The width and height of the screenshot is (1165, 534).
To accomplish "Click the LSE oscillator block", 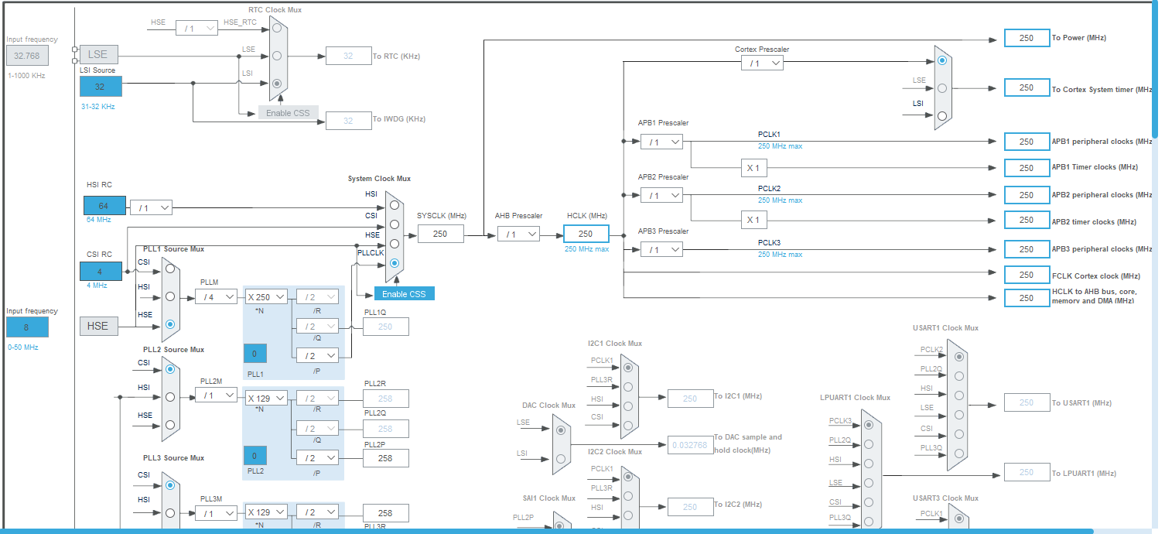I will [98, 54].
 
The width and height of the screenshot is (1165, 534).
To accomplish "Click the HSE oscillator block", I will [98, 326].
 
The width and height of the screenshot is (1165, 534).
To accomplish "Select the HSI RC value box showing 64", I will [103, 205].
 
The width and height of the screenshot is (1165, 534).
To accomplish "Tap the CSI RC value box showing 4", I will [101, 272].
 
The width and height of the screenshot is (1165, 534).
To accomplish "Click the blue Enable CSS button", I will [404, 294].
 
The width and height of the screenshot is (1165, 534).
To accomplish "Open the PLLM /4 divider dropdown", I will [216, 296].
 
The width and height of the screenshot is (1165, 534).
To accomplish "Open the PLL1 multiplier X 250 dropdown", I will [266, 296].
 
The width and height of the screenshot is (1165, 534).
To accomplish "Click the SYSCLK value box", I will [441, 234].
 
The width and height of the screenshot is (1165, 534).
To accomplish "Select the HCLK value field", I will [586, 234].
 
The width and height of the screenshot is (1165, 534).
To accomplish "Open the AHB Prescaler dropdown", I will [518, 234].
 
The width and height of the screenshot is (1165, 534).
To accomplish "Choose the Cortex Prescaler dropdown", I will [761, 63].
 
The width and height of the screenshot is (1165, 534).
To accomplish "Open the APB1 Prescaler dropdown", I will [661, 142].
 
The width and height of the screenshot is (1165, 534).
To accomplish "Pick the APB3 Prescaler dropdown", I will [661, 249].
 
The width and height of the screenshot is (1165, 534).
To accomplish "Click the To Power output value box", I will [1027, 38].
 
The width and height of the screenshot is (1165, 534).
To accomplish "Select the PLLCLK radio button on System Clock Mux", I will [395, 263].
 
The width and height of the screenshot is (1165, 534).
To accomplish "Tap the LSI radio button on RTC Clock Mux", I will [277, 83].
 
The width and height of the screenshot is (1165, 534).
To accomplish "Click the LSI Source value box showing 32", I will [101, 87].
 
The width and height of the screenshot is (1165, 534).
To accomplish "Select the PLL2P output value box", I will [385, 458].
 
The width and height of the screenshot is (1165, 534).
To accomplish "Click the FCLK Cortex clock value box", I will [1027, 275].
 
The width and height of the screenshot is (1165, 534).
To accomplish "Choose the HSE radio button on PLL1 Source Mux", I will [170, 324].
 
